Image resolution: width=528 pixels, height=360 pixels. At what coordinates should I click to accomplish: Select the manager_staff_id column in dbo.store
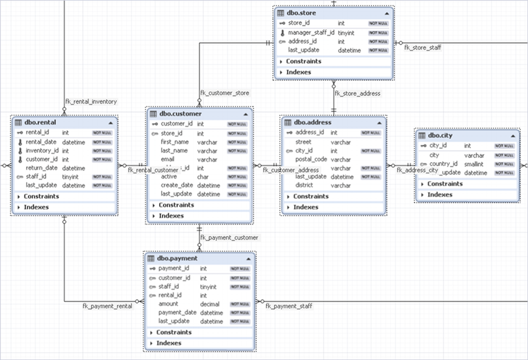point(311,32)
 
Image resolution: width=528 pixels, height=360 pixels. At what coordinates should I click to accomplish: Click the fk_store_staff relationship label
point(423,47)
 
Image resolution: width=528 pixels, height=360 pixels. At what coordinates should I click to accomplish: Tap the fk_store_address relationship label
point(357,93)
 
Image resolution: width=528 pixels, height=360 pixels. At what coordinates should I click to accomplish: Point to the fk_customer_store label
point(225,93)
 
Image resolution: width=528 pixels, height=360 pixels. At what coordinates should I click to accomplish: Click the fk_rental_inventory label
point(91,101)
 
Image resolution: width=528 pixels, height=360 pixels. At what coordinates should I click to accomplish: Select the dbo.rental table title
point(40,123)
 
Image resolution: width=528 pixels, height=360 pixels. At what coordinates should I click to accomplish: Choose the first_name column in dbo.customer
point(174,142)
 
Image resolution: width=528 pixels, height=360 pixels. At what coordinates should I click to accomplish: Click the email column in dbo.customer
point(168,160)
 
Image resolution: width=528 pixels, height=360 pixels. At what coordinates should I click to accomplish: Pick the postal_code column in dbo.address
point(311,160)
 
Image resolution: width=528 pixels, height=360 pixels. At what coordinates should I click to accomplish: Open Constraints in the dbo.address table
point(310,196)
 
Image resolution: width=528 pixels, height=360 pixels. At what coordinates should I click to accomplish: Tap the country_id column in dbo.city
point(443,164)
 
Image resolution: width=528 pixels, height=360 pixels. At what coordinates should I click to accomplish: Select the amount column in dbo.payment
point(168,304)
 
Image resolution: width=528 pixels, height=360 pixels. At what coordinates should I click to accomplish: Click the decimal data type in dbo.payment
point(210,304)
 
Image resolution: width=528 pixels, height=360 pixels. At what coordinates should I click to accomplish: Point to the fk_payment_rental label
point(107,307)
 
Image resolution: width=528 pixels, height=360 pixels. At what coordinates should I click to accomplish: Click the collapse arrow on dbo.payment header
point(248,259)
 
